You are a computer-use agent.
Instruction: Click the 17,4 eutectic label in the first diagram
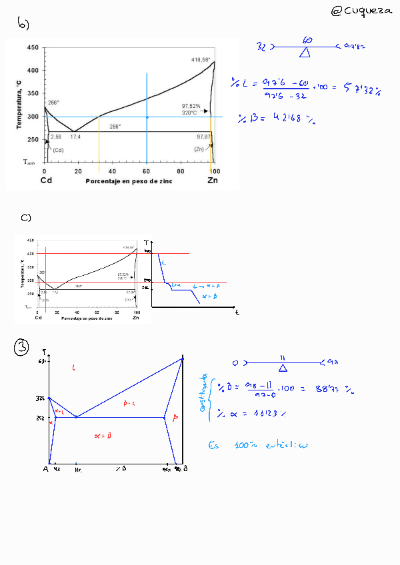(x=75, y=137)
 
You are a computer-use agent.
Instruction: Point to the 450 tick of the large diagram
(x=33, y=48)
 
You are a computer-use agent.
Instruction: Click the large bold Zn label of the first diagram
(x=212, y=181)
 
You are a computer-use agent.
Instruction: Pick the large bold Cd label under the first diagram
(x=46, y=181)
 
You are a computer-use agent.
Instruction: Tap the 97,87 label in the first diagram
(x=203, y=137)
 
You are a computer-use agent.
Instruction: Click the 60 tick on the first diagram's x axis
(x=147, y=171)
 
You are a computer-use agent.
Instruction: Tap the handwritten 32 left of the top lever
(x=261, y=47)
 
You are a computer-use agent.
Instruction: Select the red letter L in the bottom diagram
(x=73, y=368)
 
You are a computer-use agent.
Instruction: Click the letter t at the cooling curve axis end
(x=237, y=312)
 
